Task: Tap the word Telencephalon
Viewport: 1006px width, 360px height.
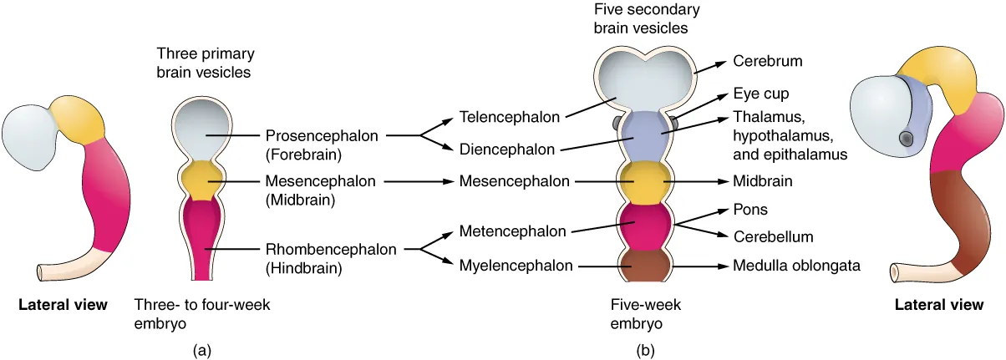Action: (x=510, y=118)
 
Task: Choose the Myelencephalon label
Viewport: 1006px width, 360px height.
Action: (x=516, y=266)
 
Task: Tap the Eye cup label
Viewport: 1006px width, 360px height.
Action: (x=760, y=94)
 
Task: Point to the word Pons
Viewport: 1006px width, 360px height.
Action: (x=749, y=210)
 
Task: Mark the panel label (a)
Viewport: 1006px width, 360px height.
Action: (x=201, y=351)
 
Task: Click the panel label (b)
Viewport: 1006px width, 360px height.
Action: (x=644, y=351)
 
